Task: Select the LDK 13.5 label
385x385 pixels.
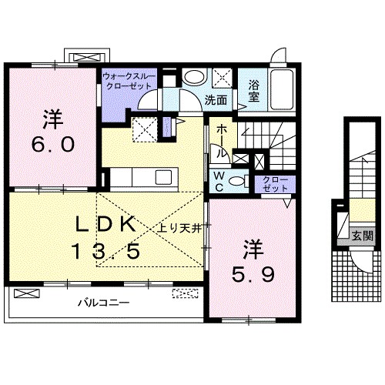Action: [107, 237]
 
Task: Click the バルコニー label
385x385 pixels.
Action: [102, 303]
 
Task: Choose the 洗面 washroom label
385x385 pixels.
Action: [216, 99]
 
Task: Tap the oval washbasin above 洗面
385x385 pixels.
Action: [195, 77]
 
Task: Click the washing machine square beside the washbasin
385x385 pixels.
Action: [223, 78]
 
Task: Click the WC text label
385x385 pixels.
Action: [219, 181]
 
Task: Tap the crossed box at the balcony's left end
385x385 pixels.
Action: [25, 293]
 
